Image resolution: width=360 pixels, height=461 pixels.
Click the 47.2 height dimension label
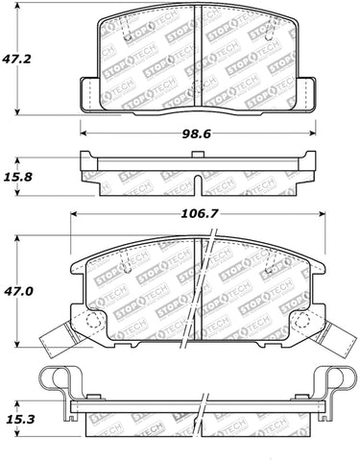point(16,60)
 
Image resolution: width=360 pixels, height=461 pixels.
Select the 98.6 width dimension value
point(197,133)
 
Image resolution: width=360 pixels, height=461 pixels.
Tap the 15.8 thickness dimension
point(18,177)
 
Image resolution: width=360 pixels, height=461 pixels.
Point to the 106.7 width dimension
point(199,213)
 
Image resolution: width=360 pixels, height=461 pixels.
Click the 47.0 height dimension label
point(18,291)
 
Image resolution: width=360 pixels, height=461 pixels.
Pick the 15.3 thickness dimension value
point(18,419)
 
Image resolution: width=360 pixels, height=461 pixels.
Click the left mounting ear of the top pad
point(88,95)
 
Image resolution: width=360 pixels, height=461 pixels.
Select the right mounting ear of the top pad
point(307,95)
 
